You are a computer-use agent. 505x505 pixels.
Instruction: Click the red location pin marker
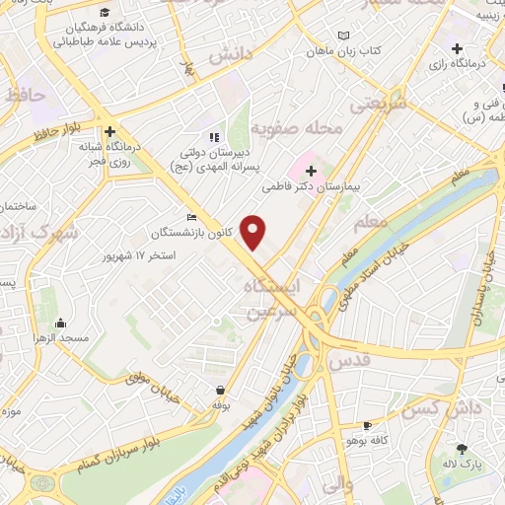[254, 232]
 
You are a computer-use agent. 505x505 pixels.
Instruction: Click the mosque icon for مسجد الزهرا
[61, 323]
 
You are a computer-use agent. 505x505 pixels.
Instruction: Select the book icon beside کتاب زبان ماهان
[342, 36]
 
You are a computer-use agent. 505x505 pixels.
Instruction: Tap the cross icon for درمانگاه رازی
[457, 48]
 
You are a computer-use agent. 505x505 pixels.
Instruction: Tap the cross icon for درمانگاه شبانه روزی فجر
[110, 131]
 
